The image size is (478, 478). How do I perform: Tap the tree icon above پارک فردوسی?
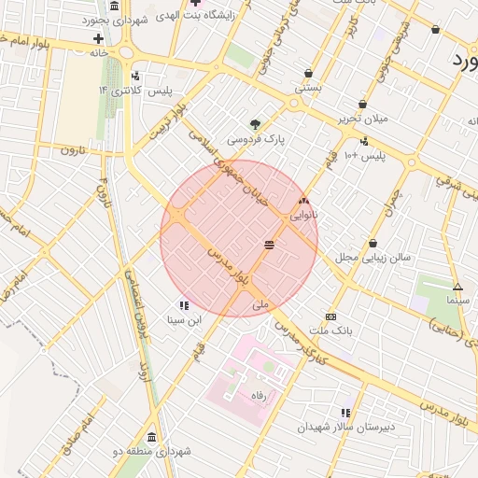tap(255, 124)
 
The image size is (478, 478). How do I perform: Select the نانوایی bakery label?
tap(304, 215)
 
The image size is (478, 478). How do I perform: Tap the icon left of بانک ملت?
tap(329, 316)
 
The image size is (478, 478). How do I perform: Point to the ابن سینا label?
tap(184, 319)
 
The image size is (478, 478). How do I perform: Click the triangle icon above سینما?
tap(457, 287)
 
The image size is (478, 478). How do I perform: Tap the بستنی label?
tap(309, 87)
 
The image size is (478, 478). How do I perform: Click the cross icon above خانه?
tap(98, 38)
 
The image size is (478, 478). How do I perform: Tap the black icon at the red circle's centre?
tap(270, 244)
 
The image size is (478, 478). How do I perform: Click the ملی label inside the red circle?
tap(260, 305)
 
